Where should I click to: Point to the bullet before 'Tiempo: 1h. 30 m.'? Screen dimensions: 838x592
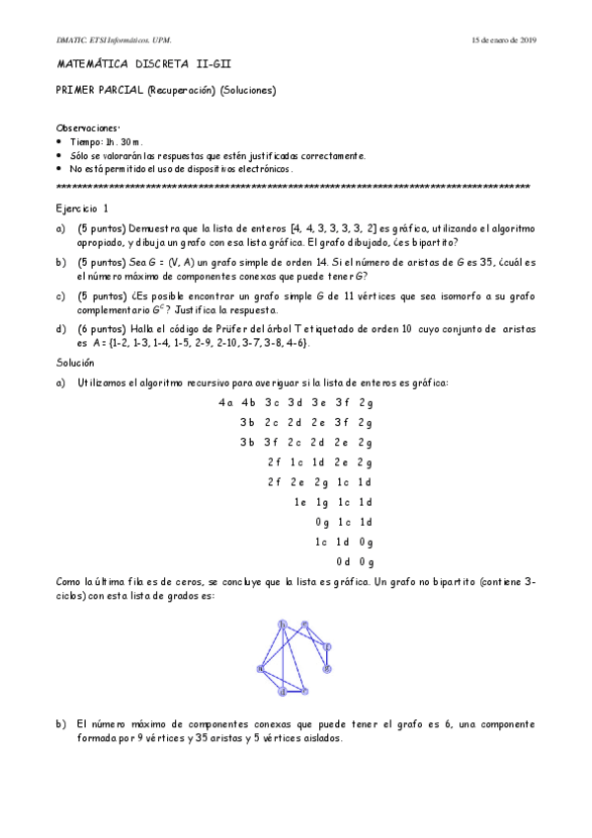pos(62,142)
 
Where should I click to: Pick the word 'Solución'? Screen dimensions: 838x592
pos(76,364)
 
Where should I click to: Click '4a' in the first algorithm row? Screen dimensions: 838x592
pos(225,402)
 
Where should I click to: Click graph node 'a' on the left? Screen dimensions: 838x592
pos(260,669)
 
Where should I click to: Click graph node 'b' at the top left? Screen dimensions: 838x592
pos(283,624)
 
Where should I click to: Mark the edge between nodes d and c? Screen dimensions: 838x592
pos(295,692)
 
